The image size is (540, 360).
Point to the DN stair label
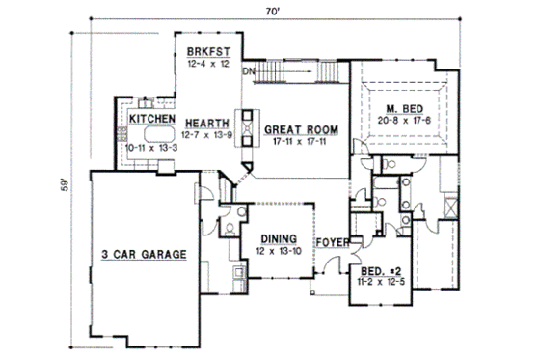click(x=247, y=71)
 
